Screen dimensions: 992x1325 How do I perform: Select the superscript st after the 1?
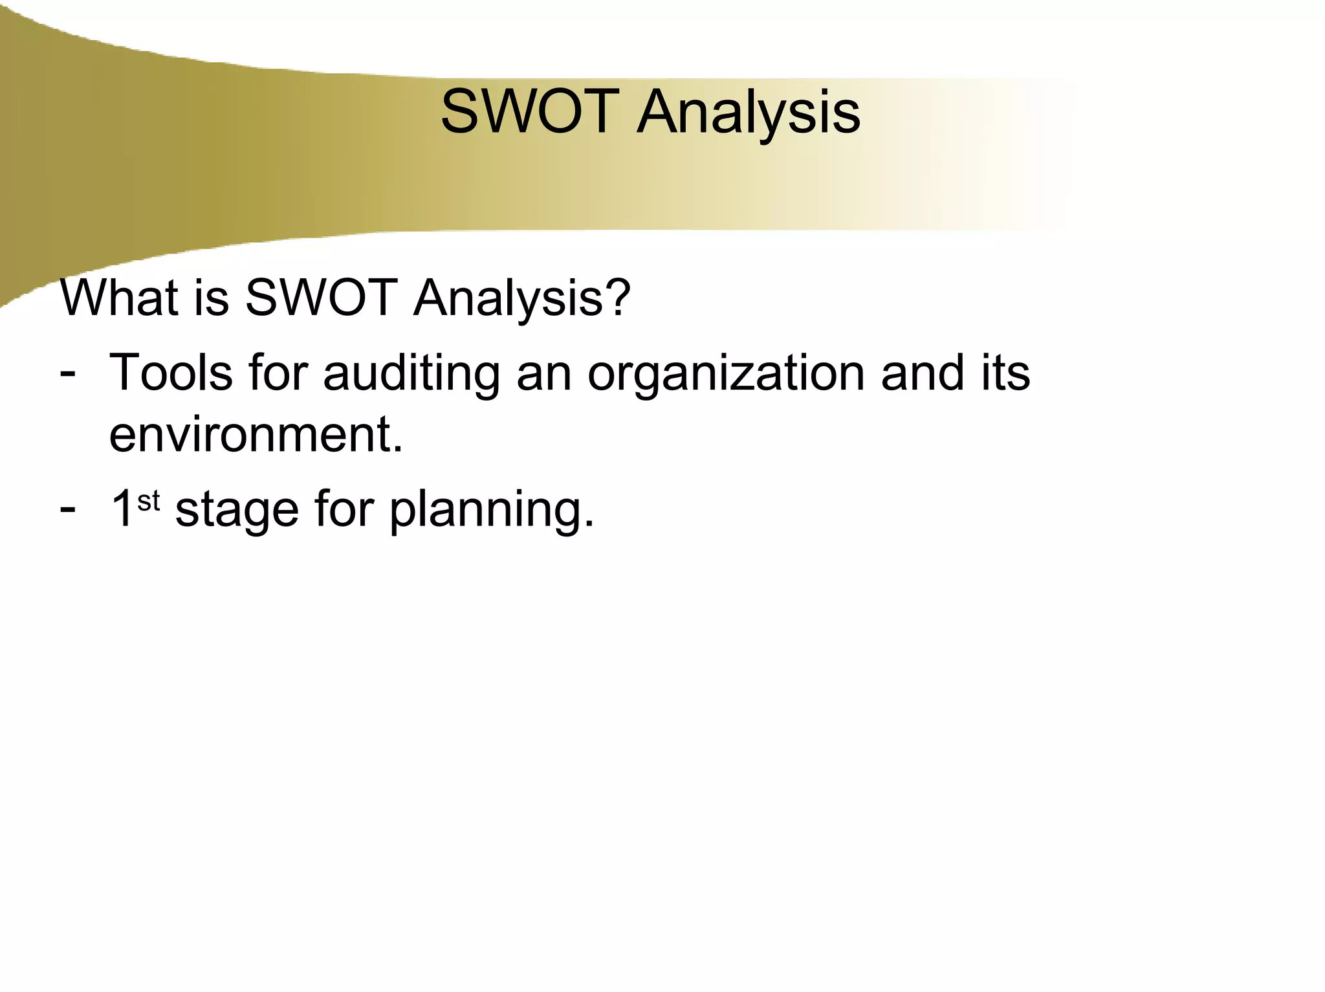pos(149,501)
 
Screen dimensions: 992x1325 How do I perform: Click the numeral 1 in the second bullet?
pos(122,509)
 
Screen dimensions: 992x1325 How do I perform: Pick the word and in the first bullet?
pos(924,373)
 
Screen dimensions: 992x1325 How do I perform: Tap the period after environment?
pos(398,448)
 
